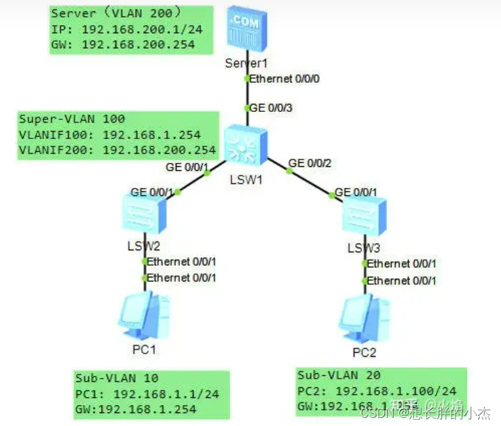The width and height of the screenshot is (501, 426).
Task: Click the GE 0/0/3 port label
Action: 272,107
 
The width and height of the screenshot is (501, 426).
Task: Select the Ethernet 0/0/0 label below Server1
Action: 284,79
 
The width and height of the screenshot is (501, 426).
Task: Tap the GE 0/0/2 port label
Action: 311,163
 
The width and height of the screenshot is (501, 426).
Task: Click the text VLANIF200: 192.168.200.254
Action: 117,150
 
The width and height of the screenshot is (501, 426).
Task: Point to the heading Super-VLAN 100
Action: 72,119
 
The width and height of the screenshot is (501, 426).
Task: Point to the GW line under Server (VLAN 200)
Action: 123,44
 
